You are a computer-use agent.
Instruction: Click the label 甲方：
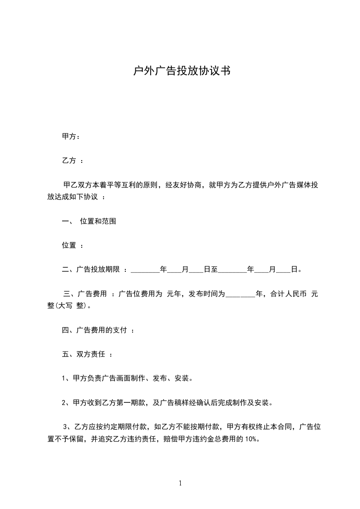pos(71,136)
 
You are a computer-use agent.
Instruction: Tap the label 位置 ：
pos(72,245)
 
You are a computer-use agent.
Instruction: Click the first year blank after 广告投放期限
pos(145,270)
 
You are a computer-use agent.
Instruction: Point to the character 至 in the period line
pos(214,270)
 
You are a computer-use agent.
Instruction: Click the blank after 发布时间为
pos(241,294)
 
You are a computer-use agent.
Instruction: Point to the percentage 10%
pos(252,439)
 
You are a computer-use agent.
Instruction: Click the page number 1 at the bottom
pos(180,483)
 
